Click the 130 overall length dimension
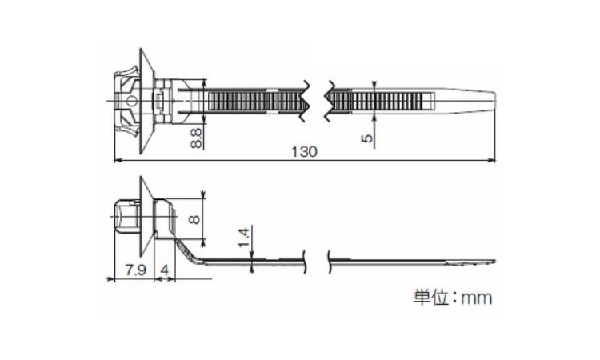304,152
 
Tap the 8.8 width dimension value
196,138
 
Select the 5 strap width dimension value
366,138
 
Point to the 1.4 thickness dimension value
244,237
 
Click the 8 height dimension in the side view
194,219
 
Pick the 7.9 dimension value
136,270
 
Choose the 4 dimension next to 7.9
165,270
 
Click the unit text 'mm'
477,298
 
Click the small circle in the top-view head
131,102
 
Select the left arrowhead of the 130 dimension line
118,160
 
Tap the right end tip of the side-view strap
494,262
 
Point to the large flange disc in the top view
146,102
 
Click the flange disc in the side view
146,216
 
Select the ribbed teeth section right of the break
377,102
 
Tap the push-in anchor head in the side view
127,216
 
